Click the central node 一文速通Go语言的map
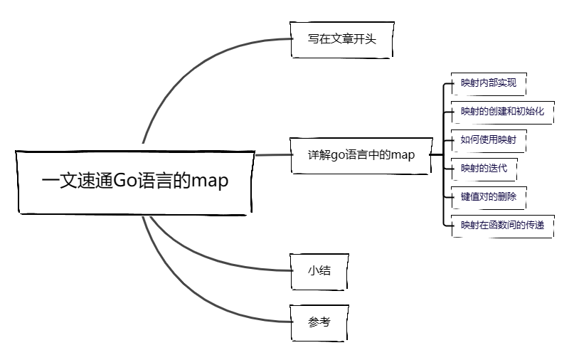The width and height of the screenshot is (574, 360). point(135,181)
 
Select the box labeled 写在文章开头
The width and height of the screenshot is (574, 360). point(341,39)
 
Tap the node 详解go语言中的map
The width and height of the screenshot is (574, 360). point(361,154)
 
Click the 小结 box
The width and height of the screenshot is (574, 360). point(319,271)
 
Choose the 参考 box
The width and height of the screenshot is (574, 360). point(319,322)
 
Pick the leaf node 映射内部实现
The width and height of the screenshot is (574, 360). point(488,83)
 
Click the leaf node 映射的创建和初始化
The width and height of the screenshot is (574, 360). point(501,111)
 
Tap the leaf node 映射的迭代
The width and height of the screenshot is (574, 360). point(484,168)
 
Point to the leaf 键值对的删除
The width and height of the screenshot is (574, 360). point(488,196)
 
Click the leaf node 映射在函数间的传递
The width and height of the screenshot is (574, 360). point(501,225)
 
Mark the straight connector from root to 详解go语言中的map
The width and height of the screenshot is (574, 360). point(272,154)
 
